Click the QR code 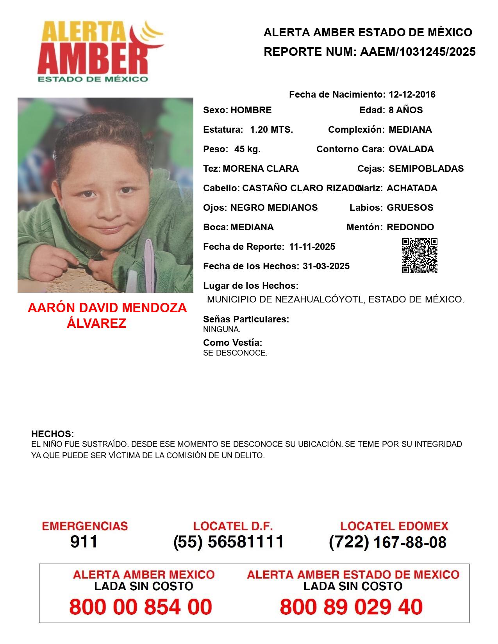(419, 256)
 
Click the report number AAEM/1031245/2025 (418, 52)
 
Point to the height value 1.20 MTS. (271, 130)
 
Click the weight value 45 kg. (247, 149)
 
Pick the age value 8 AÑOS (405, 110)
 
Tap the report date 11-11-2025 (312, 247)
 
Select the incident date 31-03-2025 (326, 266)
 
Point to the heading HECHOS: (52, 434)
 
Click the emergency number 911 (84, 542)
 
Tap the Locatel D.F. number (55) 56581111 (228, 542)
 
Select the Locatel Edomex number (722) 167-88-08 (387, 542)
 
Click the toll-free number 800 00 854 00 (141, 607)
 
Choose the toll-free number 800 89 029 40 (351, 607)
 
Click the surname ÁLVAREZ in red (96, 323)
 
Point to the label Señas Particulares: (246, 319)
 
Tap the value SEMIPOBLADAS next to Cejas (426, 169)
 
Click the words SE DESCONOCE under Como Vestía (235, 353)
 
